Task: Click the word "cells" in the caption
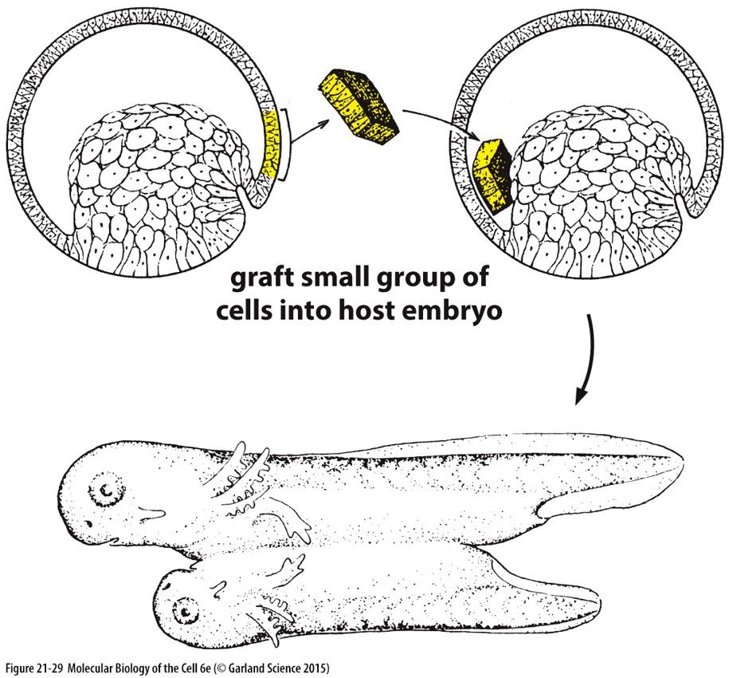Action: tap(248, 310)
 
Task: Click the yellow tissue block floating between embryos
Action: tap(362, 108)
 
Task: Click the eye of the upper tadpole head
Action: tap(104, 488)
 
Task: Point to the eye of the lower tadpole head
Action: tap(187, 611)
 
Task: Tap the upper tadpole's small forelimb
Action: tap(292, 522)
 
